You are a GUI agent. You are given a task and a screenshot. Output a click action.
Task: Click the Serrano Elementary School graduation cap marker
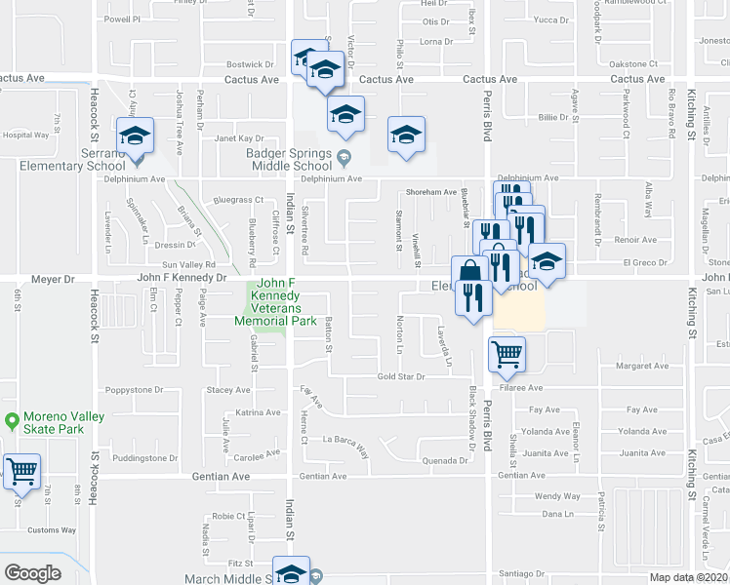[x=136, y=136]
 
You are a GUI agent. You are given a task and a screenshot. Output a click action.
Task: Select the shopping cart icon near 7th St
[x=21, y=472]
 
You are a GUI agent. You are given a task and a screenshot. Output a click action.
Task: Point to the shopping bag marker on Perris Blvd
[x=468, y=272]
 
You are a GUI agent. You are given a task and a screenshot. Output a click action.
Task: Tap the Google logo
[x=32, y=573]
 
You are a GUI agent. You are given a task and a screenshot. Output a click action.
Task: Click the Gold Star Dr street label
[x=400, y=376]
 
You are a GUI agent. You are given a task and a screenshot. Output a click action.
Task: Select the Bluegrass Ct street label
[x=238, y=200]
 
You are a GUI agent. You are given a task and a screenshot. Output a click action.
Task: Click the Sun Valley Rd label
[x=188, y=265]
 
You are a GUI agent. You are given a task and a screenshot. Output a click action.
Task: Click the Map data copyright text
[x=687, y=577]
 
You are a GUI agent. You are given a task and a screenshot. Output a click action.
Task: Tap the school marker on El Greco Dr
[x=547, y=260]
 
